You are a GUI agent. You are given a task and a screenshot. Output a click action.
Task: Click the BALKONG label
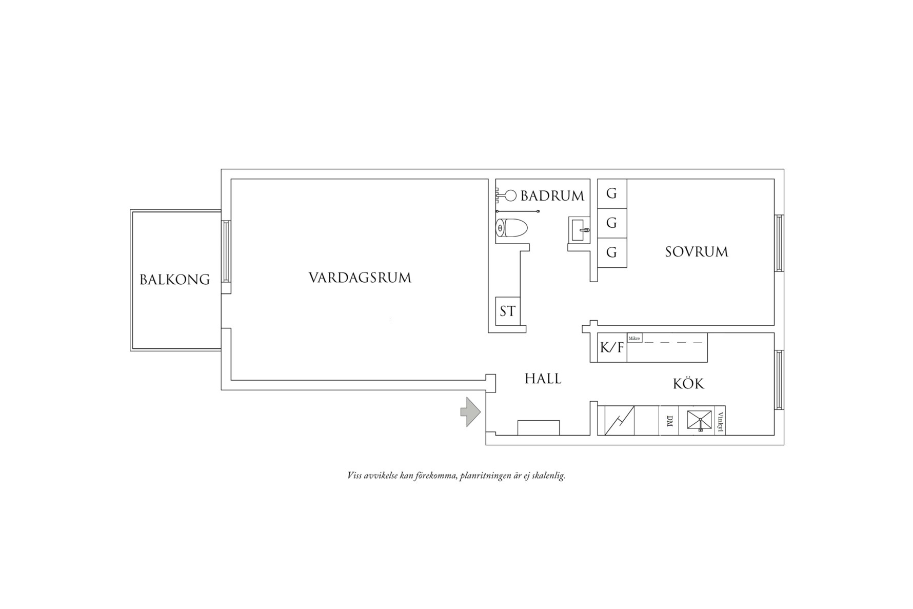tap(174, 280)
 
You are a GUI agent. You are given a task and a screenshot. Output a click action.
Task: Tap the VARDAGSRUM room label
tap(360, 278)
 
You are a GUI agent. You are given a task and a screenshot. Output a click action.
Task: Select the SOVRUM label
tap(696, 252)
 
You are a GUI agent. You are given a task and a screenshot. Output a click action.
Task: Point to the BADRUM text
tap(552, 196)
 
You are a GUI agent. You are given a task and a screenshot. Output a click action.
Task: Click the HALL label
tap(543, 379)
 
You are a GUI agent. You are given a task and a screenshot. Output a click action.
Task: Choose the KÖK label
tap(688, 384)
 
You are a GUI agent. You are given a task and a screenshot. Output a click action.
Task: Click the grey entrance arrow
tap(470, 411)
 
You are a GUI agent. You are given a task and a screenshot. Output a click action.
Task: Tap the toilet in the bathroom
tap(512, 228)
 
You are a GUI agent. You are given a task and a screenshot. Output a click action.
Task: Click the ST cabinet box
tap(507, 311)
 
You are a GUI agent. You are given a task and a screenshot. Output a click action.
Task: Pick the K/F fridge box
tap(611, 348)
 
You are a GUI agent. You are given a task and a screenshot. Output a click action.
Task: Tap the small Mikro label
tap(634, 339)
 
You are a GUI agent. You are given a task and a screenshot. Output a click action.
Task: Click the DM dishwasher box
tap(669, 421)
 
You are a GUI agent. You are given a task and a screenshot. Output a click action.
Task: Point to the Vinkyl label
tap(720, 421)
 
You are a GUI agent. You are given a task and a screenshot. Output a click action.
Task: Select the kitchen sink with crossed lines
tap(700, 421)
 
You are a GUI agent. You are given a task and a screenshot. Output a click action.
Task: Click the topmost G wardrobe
tap(611, 193)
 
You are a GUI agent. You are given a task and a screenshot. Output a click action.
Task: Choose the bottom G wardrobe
tap(611, 252)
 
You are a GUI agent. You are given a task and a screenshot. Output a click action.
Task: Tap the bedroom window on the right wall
tap(779, 243)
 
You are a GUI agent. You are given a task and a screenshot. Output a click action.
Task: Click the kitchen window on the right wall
tap(779, 380)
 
